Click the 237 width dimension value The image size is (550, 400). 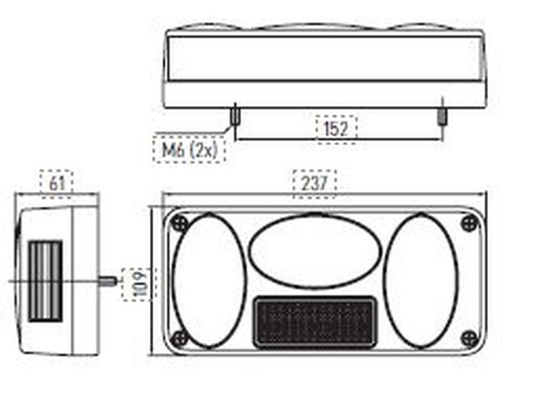click(x=314, y=183)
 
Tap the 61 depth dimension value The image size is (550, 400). click(x=57, y=183)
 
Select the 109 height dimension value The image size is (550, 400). click(x=131, y=283)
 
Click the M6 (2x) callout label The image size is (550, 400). click(x=189, y=149)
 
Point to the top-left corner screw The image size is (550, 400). click(x=179, y=223)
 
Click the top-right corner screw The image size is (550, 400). click(x=470, y=222)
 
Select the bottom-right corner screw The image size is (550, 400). click(x=470, y=337)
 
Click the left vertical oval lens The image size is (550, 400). click(x=208, y=280)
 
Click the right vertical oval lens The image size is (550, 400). click(x=420, y=280)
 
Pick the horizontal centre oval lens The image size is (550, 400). click(x=315, y=250)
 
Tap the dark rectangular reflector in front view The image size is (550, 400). click(x=315, y=321)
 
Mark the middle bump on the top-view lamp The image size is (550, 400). click(x=323, y=28)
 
